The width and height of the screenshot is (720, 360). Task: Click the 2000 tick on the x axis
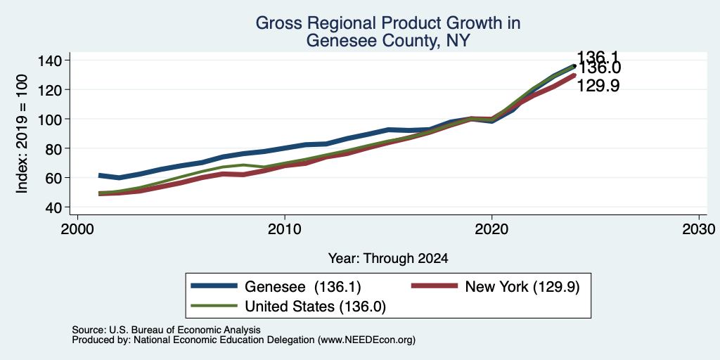77,229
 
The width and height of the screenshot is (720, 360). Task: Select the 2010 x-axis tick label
285,229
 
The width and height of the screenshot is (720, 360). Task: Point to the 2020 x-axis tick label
491,229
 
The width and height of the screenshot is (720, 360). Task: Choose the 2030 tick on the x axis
699,229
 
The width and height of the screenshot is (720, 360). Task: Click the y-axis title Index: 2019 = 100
22,134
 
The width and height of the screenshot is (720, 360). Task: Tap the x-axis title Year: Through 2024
388,259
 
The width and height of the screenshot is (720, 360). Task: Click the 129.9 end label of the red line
598,86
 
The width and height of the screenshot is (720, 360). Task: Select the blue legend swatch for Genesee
214,286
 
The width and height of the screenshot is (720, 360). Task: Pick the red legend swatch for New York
435,286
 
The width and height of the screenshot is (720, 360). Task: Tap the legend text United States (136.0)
316,307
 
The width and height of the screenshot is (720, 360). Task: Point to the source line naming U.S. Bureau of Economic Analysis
166,330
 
